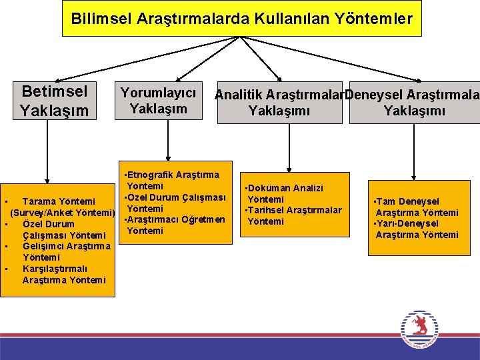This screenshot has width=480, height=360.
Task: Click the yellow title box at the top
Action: pyautogui.click(x=241, y=19)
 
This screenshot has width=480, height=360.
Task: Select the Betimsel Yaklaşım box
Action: pyautogui.click(x=54, y=101)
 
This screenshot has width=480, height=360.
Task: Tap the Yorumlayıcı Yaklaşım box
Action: pyautogui.click(x=158, y=101)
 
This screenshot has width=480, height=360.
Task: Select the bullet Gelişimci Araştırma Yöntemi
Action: pyautogui.click(x=62, y=251)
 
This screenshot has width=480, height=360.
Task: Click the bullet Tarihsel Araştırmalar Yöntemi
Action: pyautogui.click(x=293, y=215)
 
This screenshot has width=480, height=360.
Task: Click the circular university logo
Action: pyautogui.click(x=419, y=329)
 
